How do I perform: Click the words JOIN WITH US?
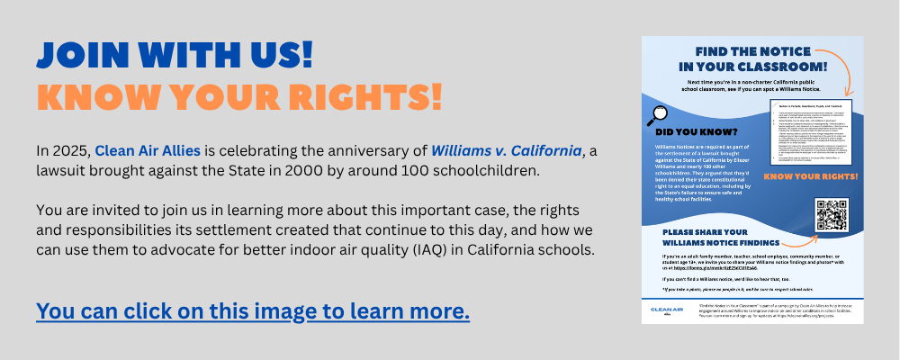coord(174,55)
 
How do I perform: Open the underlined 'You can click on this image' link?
coord(253,311)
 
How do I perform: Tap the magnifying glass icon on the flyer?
coord(657,114)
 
